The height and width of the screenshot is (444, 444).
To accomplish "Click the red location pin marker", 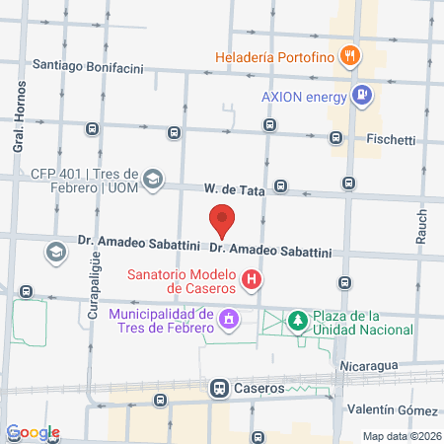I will coord(222,220).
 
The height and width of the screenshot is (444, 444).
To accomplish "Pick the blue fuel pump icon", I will coord(363,95).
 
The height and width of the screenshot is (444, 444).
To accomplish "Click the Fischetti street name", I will coord(392,139).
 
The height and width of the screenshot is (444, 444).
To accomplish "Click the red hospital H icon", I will coord(253,281).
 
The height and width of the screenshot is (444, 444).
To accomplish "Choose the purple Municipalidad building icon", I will coord(229,319).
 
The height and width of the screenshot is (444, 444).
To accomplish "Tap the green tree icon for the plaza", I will coord(296,320).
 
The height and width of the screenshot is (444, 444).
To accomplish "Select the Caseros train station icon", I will coord(218,388).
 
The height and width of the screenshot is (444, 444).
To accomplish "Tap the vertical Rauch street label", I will coord(421,226).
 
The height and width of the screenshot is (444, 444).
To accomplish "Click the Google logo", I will coord(33,432).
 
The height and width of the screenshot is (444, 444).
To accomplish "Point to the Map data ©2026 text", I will coord(401,435).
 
